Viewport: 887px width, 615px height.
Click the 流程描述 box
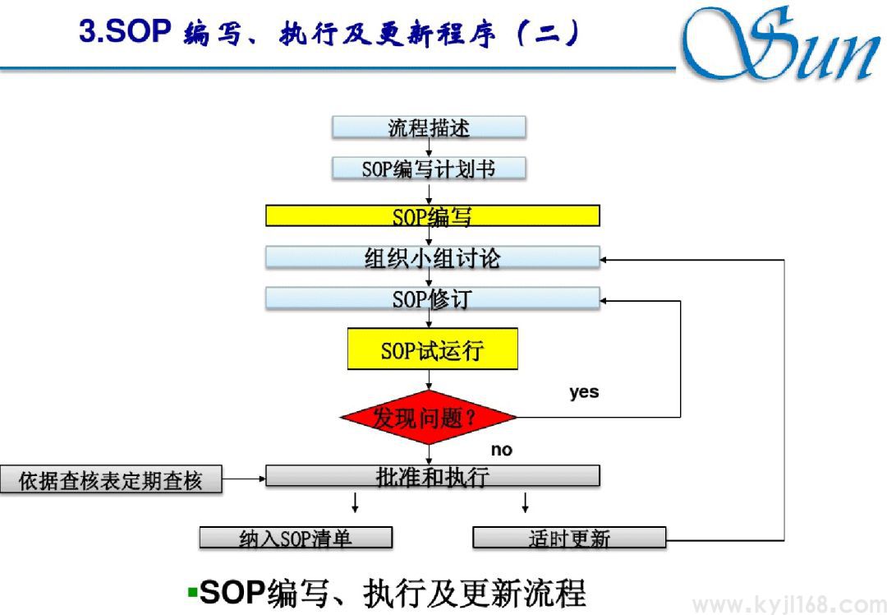pos(429,128)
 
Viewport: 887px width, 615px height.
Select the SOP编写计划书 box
pos(429,169)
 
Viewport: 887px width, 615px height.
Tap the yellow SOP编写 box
pos(432,216)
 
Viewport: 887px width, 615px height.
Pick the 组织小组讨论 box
pos(432,258)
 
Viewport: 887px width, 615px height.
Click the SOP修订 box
pos(432,298)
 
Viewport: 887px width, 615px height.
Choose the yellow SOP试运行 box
pos(432,350)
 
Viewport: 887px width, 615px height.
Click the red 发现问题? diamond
pos(428,418)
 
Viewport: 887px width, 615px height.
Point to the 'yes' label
pos(584,392)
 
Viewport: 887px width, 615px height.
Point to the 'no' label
pos(501,450)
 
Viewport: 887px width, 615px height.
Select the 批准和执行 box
pos(432,476)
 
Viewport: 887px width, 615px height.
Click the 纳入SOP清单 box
pos(296,539)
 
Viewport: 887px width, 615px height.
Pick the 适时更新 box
pos(569,539)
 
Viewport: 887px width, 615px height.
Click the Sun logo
pos(780,45)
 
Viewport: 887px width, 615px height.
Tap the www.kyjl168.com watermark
pos(788,604)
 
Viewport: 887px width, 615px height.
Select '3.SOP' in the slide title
pos(124,32)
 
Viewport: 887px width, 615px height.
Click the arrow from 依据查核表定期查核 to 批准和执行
pos(244,477)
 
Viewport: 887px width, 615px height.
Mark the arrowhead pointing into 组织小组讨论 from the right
pos(605,260)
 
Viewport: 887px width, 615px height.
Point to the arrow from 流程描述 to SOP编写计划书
pos(429,149)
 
